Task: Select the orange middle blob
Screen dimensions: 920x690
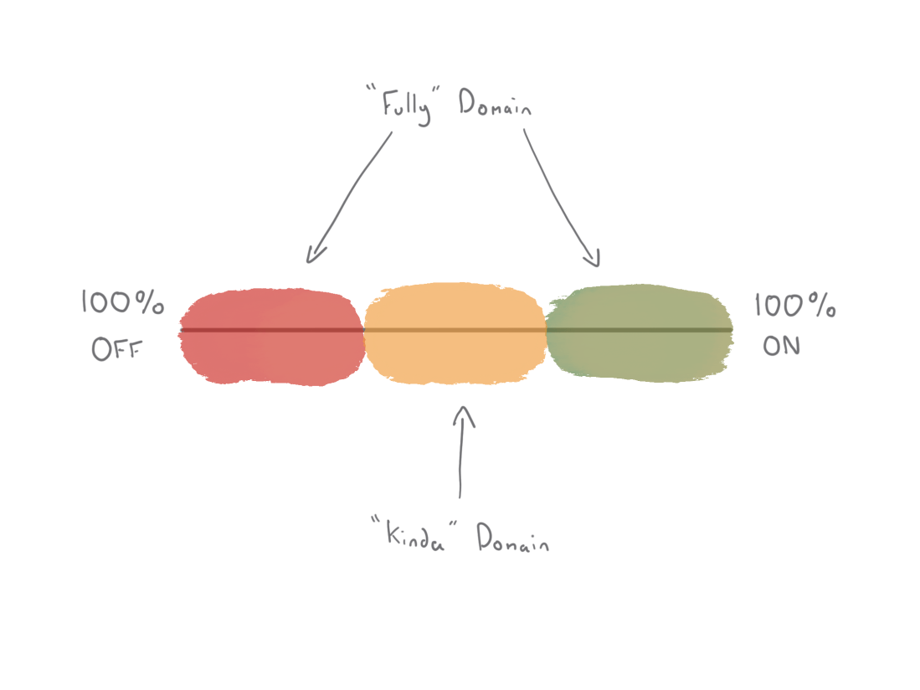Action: click(x=455, y=333)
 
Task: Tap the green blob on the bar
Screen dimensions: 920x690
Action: click(x=640, y=332)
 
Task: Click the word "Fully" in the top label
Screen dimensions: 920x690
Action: click(x=407, y=107)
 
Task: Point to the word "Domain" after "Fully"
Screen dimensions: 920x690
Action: click(x=496, y=102)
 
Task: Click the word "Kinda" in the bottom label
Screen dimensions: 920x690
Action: click(x=415, y=535)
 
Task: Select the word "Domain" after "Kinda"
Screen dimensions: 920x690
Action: click(x=513, y=538)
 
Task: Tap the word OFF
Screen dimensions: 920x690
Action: click(x=116, y=349)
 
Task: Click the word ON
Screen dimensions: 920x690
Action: click(x=781, y=346)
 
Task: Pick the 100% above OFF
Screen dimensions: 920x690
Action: click(x=122, y=302)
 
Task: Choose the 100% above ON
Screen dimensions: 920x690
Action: click(x=795, y=305)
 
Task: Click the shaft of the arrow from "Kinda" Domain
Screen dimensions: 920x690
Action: click(x=461, y=452)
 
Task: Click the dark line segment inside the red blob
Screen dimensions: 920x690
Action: click(x=272, y=330)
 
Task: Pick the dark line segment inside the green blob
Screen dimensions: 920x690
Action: click(x=639, y=330)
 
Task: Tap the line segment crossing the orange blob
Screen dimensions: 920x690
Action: click(x=455, y=330)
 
